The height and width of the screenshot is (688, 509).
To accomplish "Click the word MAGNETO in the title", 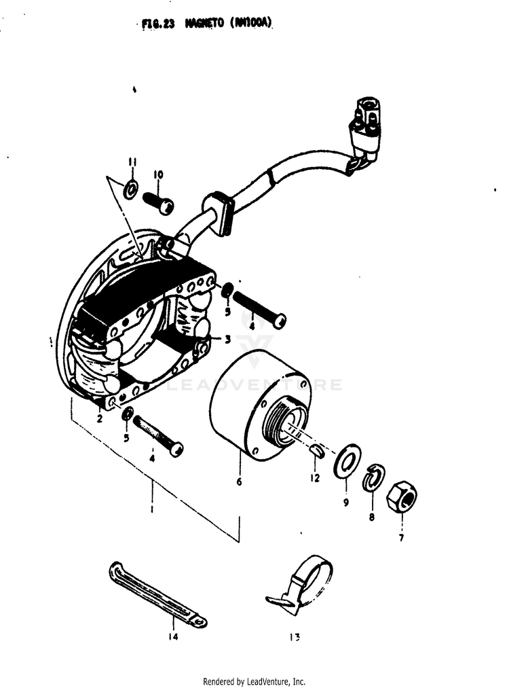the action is (207, 23).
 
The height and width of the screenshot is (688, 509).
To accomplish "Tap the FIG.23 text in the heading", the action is (159, 23).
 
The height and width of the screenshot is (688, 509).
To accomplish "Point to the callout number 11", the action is (132, 162).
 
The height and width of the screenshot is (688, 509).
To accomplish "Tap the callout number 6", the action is (239, 482).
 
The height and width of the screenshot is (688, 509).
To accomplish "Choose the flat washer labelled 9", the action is (347, 460).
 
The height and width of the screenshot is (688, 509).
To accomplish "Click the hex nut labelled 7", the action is (401, 499).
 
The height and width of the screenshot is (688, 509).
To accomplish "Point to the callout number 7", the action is (401, 539).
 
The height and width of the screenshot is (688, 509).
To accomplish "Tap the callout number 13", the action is (294, 637).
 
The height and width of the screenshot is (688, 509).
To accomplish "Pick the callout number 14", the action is (172, 637).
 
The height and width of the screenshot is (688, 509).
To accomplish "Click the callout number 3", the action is (228, 338).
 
